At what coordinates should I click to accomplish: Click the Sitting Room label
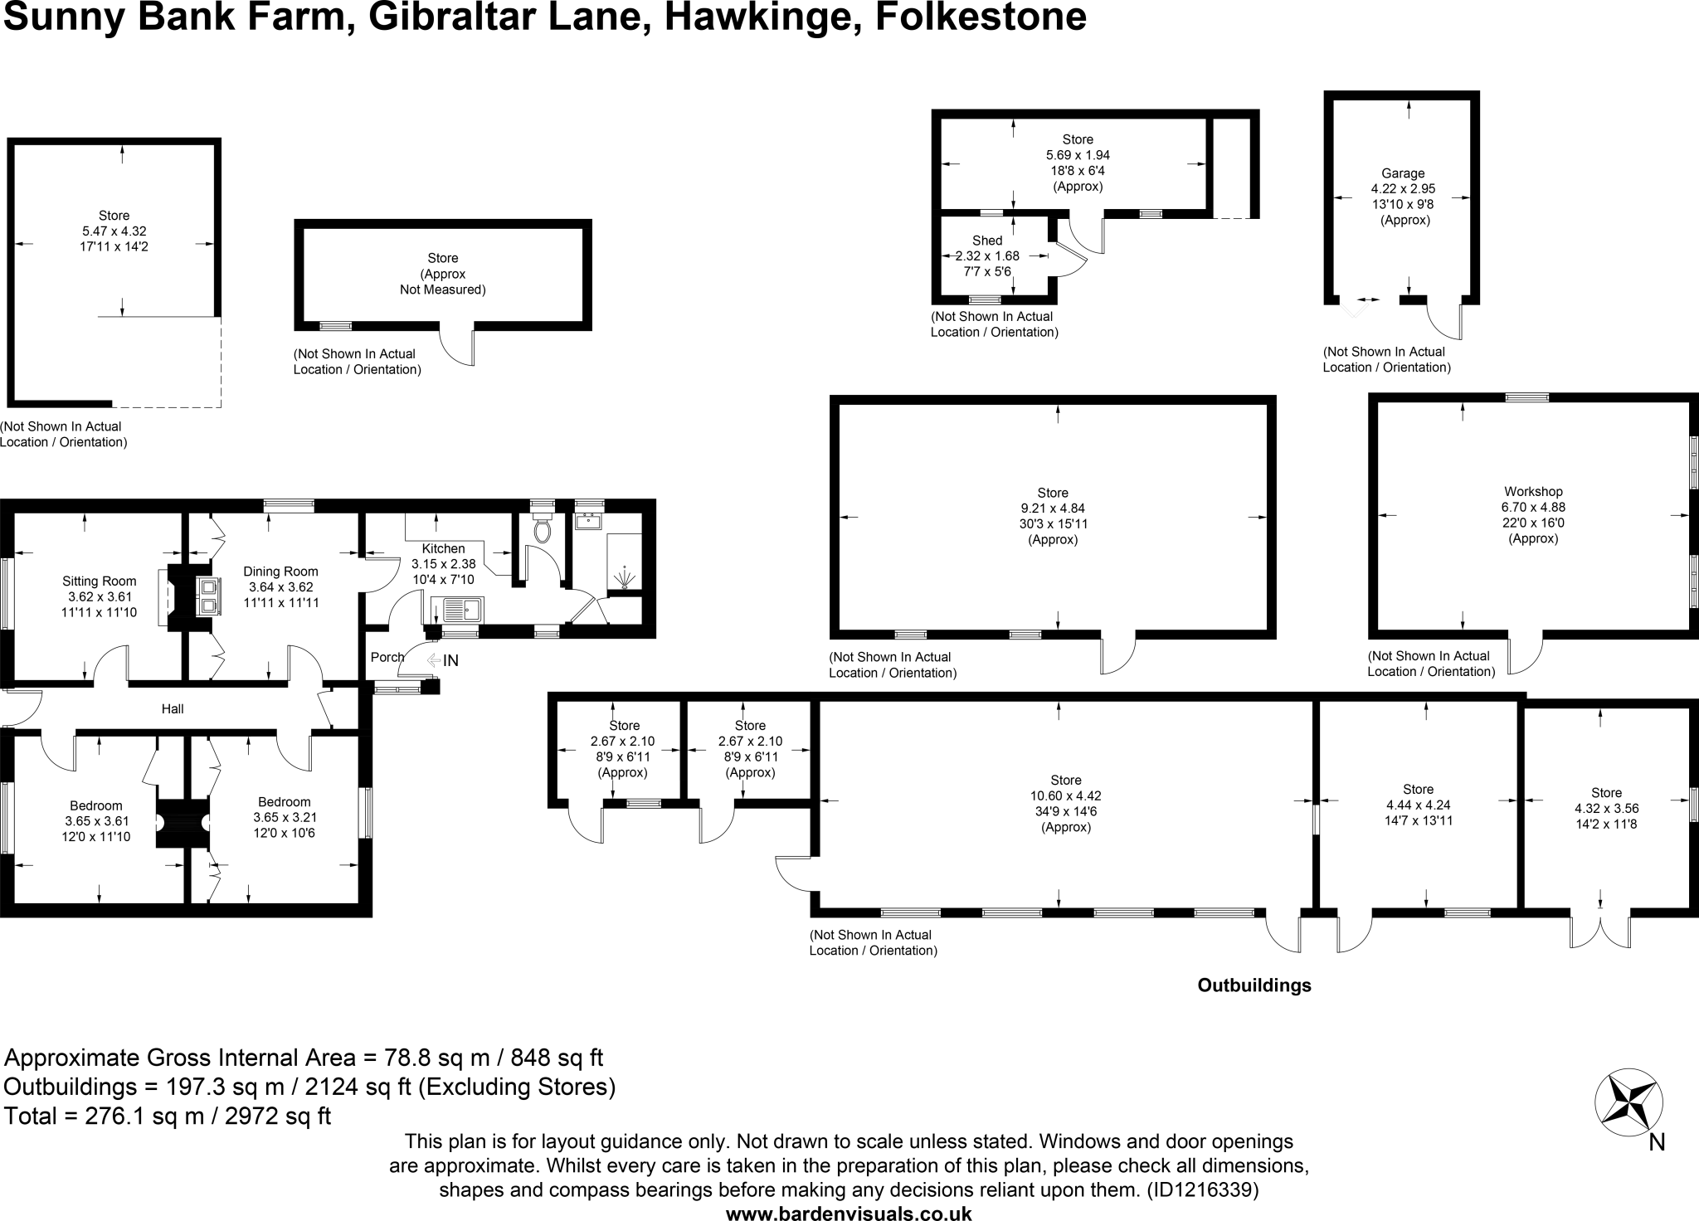click(x=99, y=581)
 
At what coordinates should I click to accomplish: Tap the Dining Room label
click(x=280, y=571)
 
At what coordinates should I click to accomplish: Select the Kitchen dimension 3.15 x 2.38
click(x=444, y=563)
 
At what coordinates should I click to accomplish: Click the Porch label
click(x=387, y=657)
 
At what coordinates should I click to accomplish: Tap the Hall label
click(x=173, y=708)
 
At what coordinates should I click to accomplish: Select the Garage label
click(x=1403, y=173)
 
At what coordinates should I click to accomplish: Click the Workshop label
click(x=1533, y=491)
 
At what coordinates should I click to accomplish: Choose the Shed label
click(x=987, y=241)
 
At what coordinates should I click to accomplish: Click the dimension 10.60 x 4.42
click(x=1066, y=795)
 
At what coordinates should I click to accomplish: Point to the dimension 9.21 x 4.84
click(x=1053, y=508)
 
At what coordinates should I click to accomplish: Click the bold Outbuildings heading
click(x=1254, y=985)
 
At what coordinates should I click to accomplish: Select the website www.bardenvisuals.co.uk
click(x=849, y=1213)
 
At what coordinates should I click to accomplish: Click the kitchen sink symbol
click(x=462, y=610)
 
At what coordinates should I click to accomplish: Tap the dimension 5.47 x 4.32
click(x=114, y=231)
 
